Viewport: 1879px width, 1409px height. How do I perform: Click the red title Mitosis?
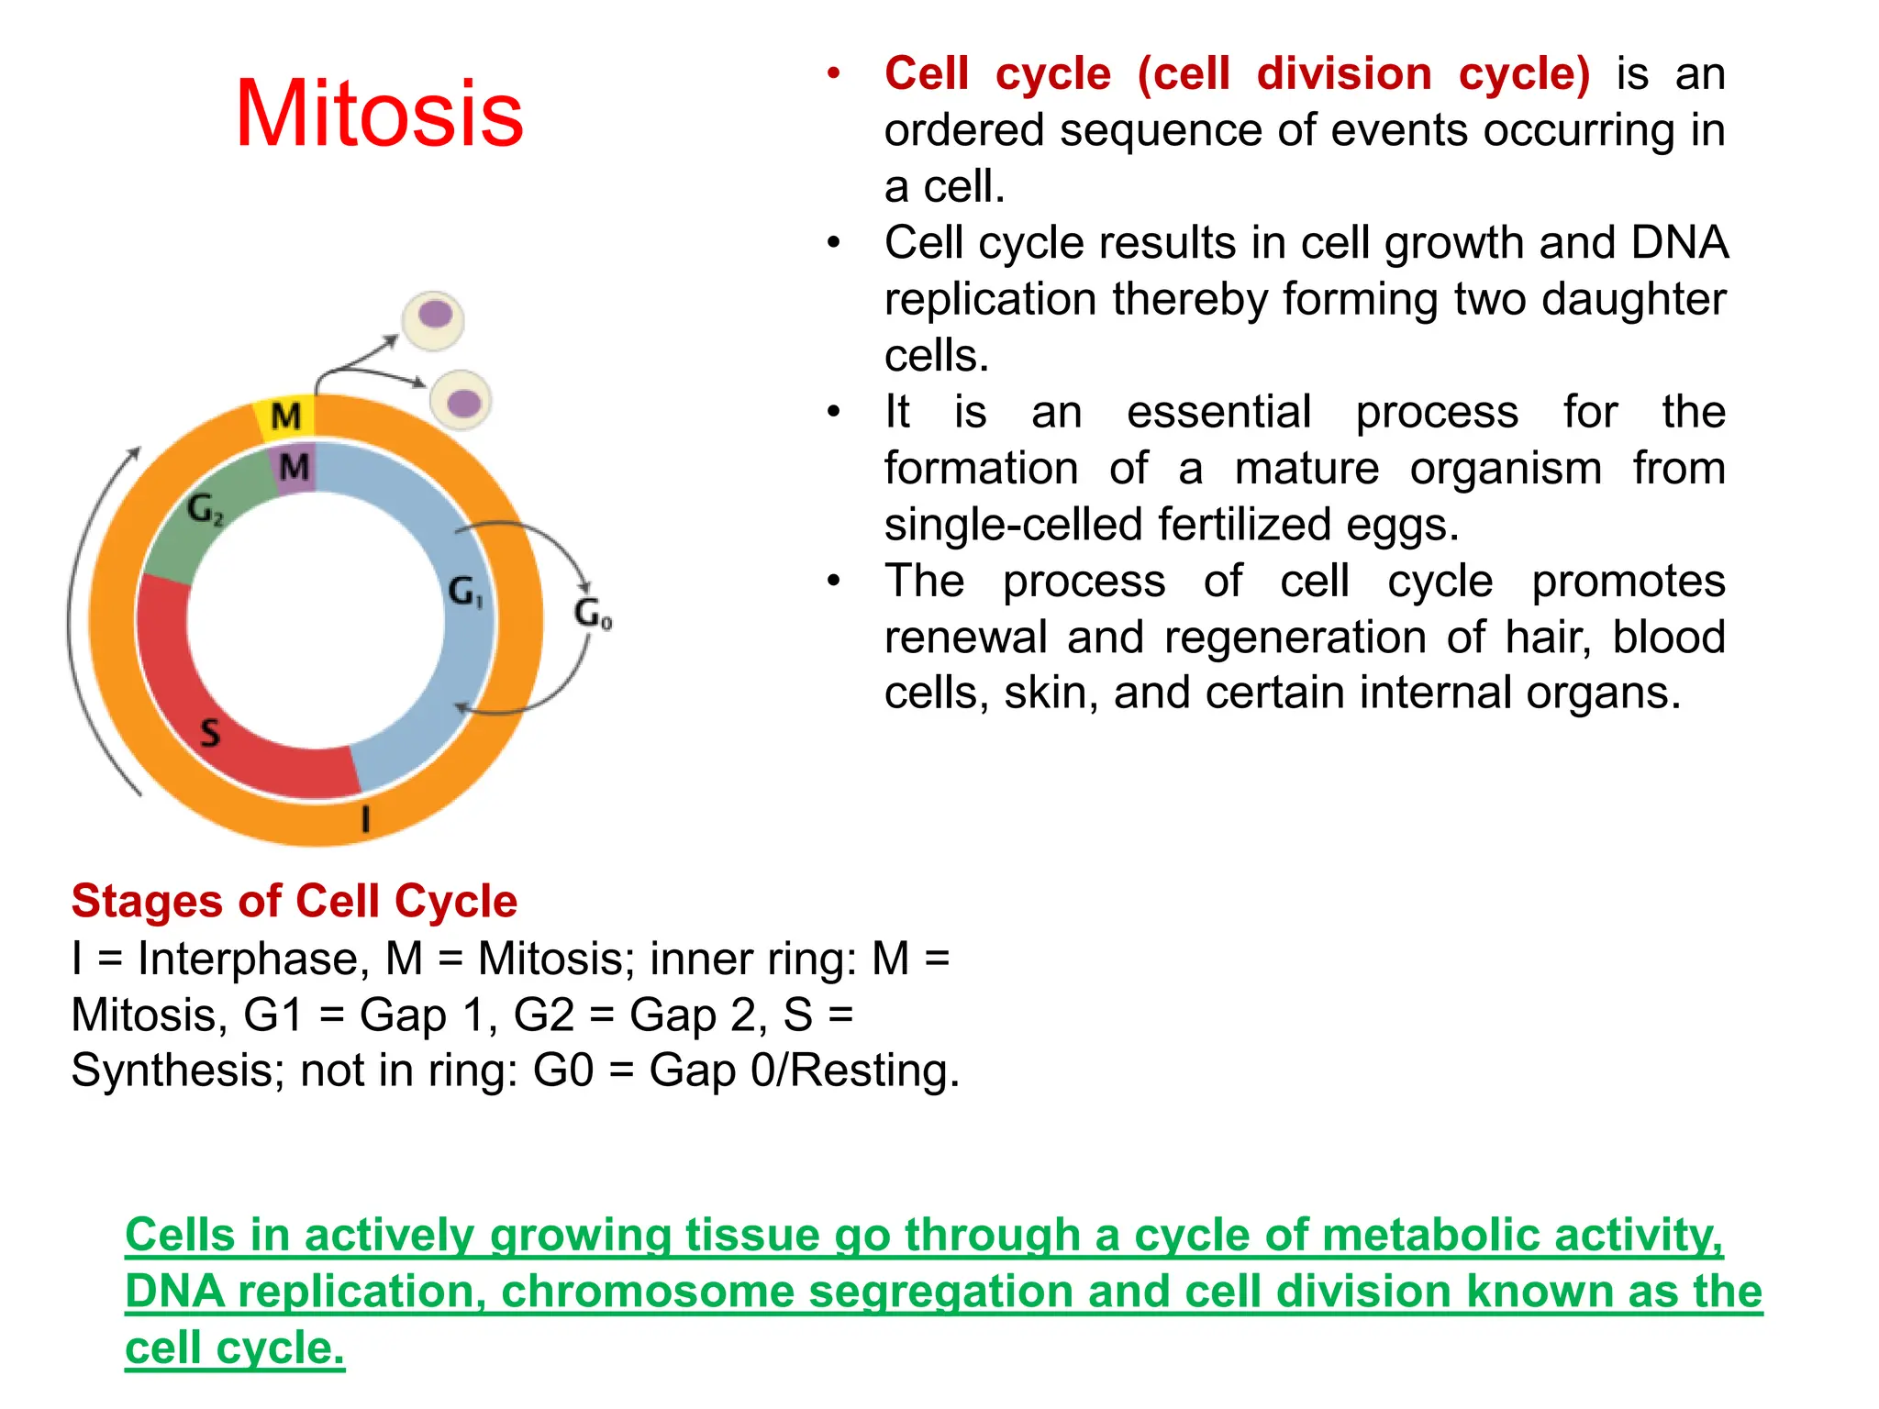click(x=379, y=114)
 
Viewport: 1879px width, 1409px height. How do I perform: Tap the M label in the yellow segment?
click(x=286, y=416)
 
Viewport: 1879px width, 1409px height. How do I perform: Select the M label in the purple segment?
click(x=295, y=467)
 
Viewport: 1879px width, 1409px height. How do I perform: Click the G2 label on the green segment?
click(x=204, y=509)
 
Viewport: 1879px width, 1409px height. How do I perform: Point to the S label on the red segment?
click(x=211, y=732)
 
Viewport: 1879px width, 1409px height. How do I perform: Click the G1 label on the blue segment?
click(x=465, y=592)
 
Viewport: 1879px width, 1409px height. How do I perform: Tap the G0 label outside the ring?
click(x=593, y=613)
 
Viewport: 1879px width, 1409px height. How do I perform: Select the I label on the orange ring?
click(x=366, y=817)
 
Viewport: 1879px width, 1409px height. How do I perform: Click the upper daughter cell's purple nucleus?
click(x=435, y=315)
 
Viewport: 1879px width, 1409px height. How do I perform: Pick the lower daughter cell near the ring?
click(x=461, y=401)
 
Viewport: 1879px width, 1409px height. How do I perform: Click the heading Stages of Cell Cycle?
click(x=295, y=901)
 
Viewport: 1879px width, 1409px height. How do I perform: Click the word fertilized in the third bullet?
click(x=1244, y=525)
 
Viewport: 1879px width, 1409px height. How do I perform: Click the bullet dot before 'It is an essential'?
click(x=833, y=412)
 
